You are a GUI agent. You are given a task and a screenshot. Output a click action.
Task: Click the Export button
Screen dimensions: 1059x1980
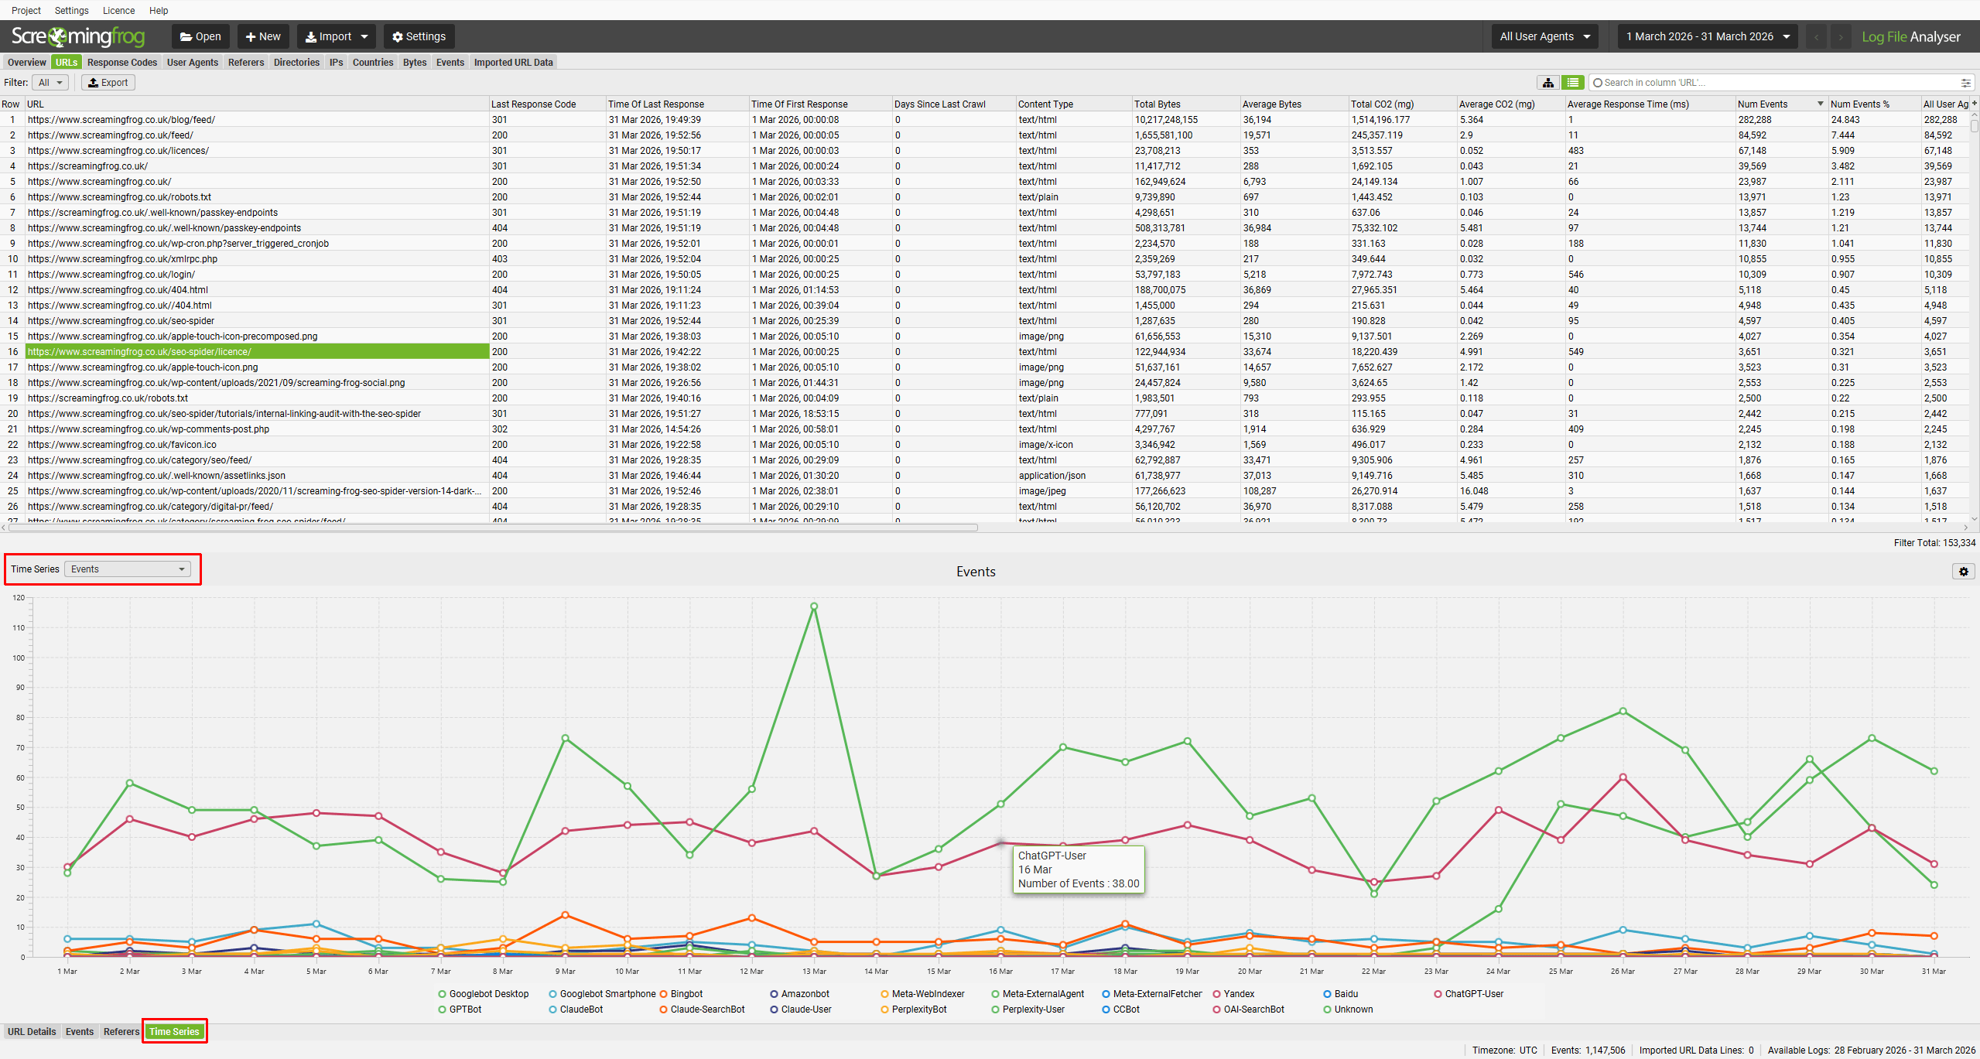tap(108, 83)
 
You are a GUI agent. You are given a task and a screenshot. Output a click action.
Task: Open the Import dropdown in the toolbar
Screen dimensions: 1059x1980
tap(336, 36)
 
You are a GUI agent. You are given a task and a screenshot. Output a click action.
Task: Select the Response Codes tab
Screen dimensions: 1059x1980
tap(121, 63)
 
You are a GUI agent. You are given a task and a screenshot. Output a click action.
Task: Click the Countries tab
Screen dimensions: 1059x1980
tap(372, 63)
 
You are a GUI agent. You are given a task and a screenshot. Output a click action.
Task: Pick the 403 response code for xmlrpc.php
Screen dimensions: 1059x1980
tap(500, 259)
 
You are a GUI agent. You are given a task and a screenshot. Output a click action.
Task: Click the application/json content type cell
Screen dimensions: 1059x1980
tap(1052, 476)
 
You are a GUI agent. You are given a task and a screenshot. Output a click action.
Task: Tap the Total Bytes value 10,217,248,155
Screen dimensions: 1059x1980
tap(1165, 120)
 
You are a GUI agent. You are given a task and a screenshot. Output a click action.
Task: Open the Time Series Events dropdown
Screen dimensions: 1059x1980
tap(128, 569)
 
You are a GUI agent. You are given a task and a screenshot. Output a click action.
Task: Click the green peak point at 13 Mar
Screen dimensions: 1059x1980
tap(814, 606)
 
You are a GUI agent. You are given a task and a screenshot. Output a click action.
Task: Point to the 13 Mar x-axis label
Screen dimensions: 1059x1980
tap(814, 972)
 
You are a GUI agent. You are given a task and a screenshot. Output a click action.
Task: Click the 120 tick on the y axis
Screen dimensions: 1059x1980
tap(19, 598)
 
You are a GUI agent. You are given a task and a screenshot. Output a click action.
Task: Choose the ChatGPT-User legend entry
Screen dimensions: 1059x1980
tap(1473, 994)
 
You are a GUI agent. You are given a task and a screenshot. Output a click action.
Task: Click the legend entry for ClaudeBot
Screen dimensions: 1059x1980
tap(580, 1009)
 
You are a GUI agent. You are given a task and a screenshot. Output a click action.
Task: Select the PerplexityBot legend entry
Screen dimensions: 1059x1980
tap(918, 1009)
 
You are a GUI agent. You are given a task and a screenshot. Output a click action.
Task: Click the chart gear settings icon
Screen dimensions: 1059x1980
tap(1964, 572)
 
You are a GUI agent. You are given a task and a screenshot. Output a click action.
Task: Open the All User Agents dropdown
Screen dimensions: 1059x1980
tap(1544, 36)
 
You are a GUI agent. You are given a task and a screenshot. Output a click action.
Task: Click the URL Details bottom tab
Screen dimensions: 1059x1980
tap(32, 1032)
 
